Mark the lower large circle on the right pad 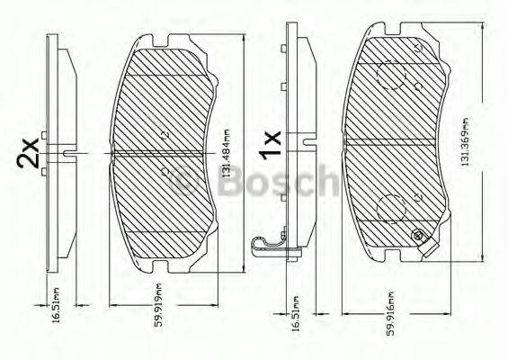(x=389, y=207)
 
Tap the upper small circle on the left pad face (x=163, y=133)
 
